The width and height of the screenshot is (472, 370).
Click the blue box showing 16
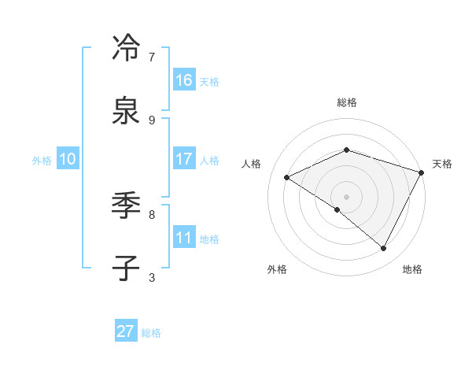tap(184, 80)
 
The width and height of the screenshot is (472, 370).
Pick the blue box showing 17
tap(184, 158)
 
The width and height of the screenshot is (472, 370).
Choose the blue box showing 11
tap(184, 237)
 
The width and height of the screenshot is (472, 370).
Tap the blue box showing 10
tap(68, 159)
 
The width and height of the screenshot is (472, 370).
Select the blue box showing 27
tap(126, 331)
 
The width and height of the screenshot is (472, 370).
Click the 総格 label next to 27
tap(151, 333)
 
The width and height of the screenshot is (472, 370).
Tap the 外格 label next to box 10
tap(42, 161)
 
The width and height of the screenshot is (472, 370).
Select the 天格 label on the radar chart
tap(442, 164)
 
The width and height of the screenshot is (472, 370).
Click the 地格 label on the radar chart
tap(412, 269)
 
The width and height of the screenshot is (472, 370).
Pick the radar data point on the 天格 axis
tap(422, 172)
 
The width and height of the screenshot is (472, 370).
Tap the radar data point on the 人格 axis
tap(287, 177)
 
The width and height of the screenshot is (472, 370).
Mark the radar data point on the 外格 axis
tap(337, 209)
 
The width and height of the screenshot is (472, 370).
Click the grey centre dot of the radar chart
tap(346, 196)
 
